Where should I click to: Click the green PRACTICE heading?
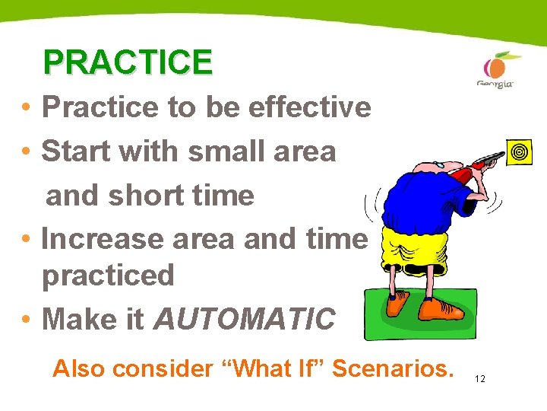[128, 62]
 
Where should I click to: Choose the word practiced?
[108, 276]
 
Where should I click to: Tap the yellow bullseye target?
[520, 152]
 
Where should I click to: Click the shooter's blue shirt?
[422, 198]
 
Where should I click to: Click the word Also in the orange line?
[79, 369]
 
